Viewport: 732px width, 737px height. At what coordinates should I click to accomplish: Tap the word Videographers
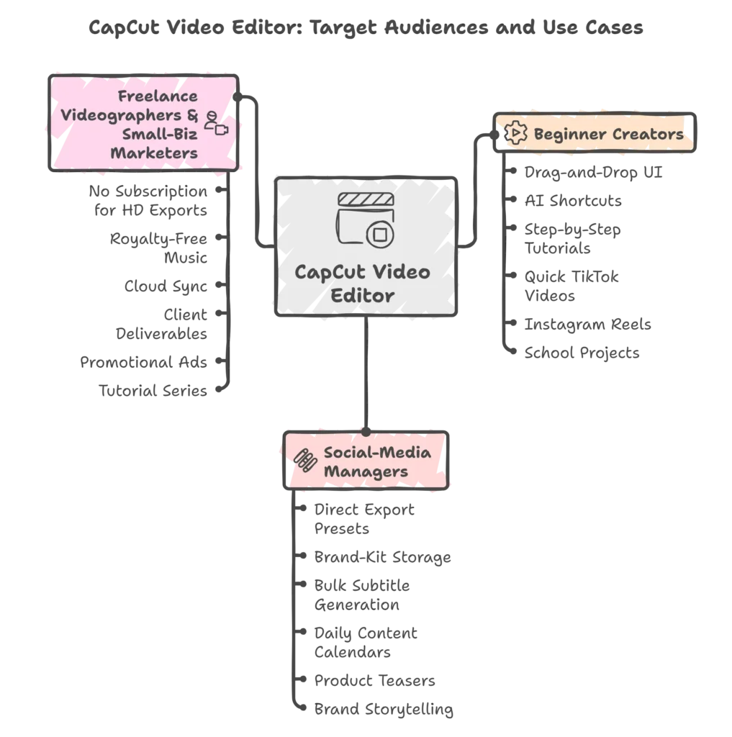[x=128, y=115]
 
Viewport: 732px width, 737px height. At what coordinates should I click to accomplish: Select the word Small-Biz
[x=159, y=134]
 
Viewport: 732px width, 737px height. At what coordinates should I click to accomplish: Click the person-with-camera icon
[x=215, y=124]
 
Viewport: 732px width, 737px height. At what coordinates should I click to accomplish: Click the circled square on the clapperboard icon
[x=379, y=234]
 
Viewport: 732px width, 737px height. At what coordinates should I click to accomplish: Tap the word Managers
[x=366, y=472]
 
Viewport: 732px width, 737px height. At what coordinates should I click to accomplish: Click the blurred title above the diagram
[x=366, y=27]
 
